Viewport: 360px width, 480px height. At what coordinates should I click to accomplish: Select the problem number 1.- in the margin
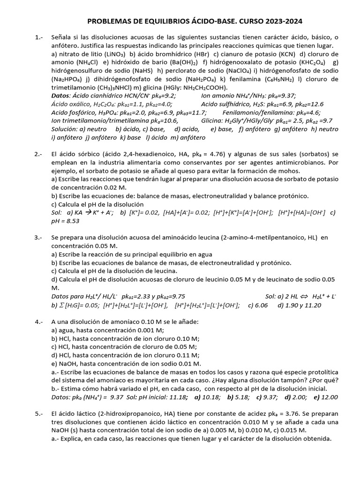click(x=39, y=37)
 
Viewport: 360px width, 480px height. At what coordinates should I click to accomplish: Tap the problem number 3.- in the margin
click(x=39, y=238)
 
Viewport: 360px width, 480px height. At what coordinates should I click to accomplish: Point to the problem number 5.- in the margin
click(x=39, y=414)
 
